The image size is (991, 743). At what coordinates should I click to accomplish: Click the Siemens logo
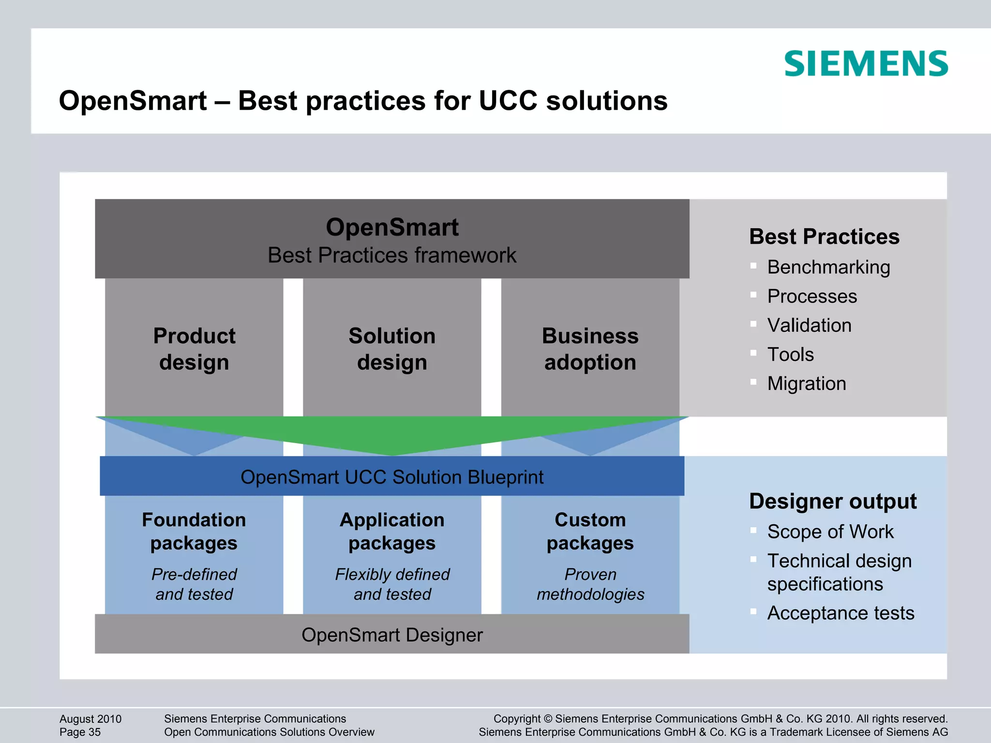[866, 63]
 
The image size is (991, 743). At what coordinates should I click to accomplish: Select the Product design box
[194, 348]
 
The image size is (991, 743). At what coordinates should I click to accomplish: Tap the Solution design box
[392, 348]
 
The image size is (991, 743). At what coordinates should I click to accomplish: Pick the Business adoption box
[590, 348]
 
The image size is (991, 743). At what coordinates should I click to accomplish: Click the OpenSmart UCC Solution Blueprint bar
[392, 477]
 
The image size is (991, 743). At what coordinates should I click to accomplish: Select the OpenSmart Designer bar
[392, 635]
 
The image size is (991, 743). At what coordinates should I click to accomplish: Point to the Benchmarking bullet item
[828, 267]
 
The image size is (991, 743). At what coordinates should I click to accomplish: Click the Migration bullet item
[807, 384]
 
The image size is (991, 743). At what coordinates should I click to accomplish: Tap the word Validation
[809, 325]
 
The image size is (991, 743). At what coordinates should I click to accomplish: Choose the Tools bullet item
[791, 355]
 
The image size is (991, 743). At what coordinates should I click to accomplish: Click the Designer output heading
[833, 501]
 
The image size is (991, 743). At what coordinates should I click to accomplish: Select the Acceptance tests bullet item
[841, 613]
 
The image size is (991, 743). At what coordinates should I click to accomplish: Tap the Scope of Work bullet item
[830, 532]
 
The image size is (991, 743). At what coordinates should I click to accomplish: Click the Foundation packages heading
[194, 531]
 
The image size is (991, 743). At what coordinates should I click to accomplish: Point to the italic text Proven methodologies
[590, 584]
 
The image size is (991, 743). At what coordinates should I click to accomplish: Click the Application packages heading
[392, 531]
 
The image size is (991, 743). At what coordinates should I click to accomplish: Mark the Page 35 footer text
[80, 732]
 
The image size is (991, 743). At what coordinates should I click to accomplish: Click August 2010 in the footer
[90, 719]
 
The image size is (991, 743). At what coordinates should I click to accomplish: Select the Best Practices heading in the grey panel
[824, 237]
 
